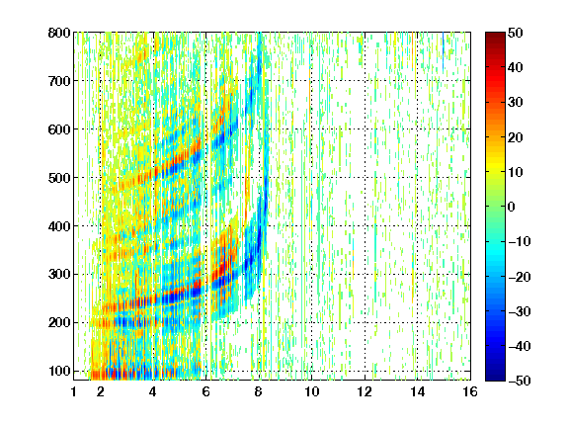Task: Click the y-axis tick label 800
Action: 59,33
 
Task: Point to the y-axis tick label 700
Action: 59,81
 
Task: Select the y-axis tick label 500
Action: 59,178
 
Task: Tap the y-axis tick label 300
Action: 59,275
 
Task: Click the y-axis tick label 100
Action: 59,371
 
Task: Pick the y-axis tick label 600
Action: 59,129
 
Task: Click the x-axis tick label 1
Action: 74,391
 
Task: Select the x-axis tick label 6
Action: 206,391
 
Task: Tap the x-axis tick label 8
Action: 259,391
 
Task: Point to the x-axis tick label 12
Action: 365,391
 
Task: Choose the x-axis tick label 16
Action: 470,391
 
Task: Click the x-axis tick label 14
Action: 417,391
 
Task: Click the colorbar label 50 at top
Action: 515,33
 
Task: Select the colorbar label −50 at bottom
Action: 520,381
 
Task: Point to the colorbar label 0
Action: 512,207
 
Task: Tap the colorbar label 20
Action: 515,137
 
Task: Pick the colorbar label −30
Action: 520,311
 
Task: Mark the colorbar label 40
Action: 515,67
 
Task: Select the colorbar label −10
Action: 520,241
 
